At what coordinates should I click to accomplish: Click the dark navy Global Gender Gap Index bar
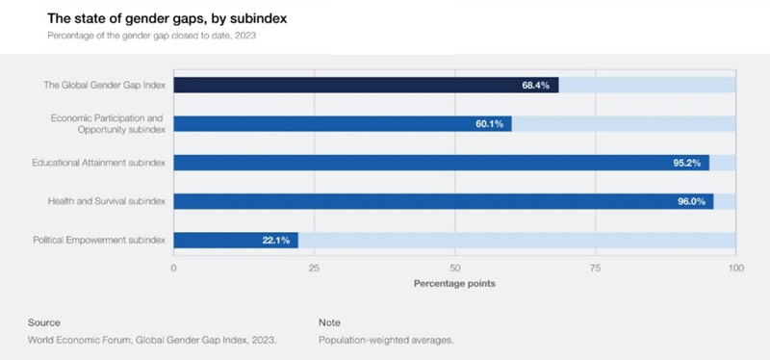(x=366, y=85)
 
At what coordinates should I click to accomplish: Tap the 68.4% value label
(x=535, y=85)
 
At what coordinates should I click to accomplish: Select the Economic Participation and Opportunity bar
(x=342, y=123)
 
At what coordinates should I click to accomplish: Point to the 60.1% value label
(x=489, y=123)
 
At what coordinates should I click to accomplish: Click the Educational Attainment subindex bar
(x=441, y=163)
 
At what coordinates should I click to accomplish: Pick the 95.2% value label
(x=687, y=163)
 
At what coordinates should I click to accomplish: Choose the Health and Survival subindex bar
(x=443, y=201)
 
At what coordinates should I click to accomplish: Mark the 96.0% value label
(x=691, y=201)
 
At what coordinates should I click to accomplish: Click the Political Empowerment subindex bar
(x=236, y=240)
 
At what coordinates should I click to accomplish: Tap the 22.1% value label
(x=276, y=240)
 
